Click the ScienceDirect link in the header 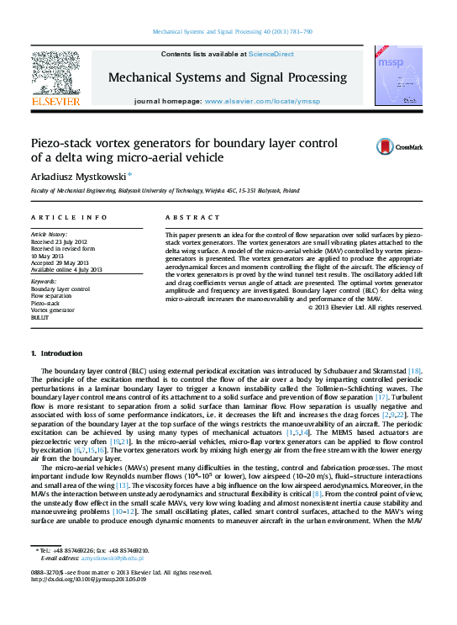(271, 54)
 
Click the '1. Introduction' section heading (56, 352)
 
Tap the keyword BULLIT (39, 318)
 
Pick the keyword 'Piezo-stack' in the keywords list (45, 303)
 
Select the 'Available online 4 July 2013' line (66, 269)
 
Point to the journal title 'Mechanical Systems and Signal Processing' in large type (228, 77)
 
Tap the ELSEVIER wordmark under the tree (55, 102)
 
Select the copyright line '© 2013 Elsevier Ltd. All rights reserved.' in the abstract (365, 307)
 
